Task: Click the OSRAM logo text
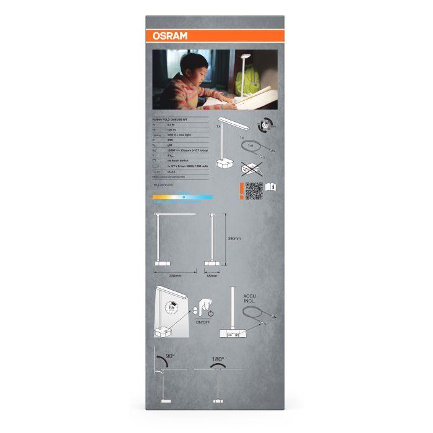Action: click(x=166, y=35)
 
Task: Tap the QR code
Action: click(x=253, y=191)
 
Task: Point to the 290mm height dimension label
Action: click(x=234, y=238)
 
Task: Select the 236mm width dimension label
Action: click(x=175, y=275)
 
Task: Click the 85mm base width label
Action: click(x=212, y=275)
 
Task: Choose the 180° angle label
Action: click(x=218, y=359)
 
